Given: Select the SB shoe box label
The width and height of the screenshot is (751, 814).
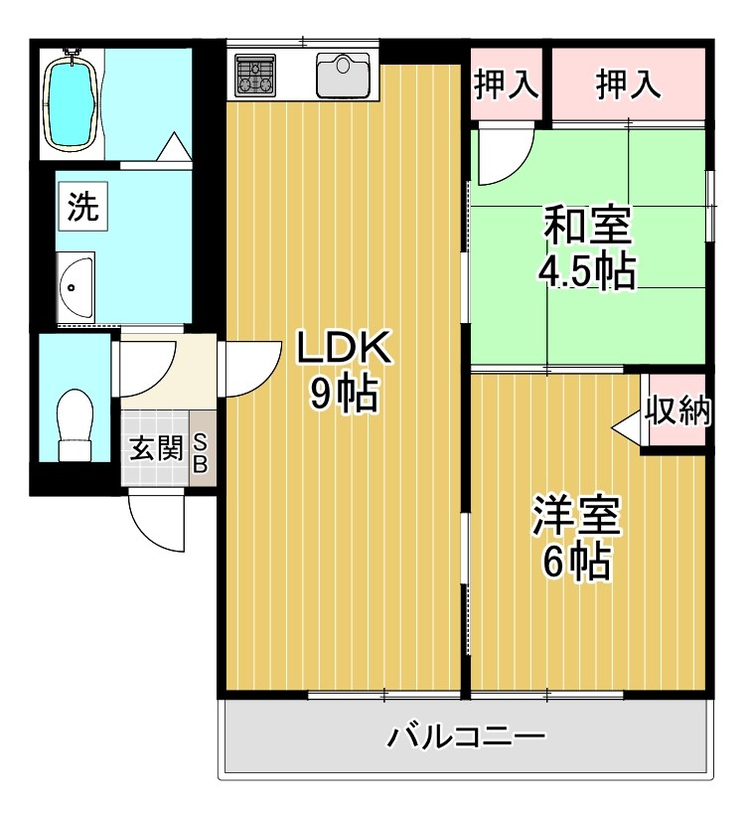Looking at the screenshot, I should (x=200, y=452).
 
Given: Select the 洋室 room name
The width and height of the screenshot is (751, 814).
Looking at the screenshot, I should (x=576, y=515).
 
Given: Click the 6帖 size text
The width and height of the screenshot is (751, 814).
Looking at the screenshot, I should (x=576, y=563).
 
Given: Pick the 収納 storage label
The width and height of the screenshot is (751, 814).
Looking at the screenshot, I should (x=677, y=411).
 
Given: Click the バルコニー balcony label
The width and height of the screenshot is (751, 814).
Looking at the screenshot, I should (x=467, y=737).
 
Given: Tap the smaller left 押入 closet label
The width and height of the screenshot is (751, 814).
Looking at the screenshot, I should (x=507, y=85).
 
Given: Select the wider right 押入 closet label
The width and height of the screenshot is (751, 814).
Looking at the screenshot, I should (x=628, y=85).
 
